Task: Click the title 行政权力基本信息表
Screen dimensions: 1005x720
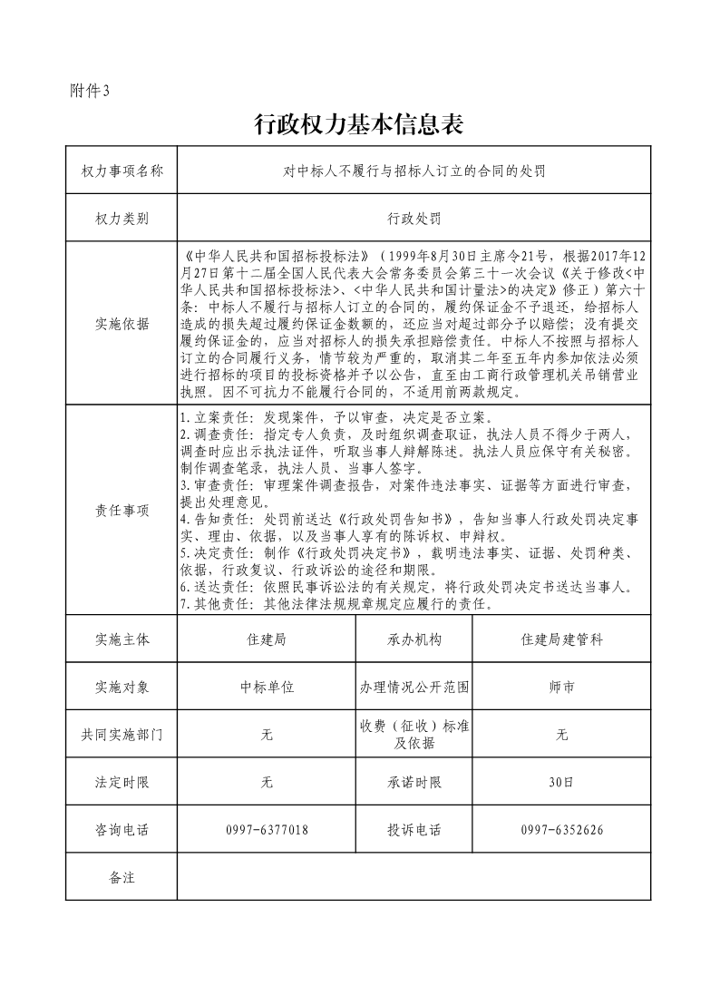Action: click(359, 125)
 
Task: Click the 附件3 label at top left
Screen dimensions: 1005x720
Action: click(89, 90)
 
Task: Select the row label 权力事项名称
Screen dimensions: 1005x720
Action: click(122, 170)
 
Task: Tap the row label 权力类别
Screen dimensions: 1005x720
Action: click(122, 219)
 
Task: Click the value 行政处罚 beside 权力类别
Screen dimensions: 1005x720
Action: click(414, 219)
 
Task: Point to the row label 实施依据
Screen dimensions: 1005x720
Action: click(122, 324)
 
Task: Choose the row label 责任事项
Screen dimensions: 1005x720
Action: click(122, 510)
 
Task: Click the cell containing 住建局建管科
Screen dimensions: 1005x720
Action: click(561, 639)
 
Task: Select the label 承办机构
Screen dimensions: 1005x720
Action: click(414, 639)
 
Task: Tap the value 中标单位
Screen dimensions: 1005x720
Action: click(267, 687)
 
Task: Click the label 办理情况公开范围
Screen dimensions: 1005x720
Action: click(414, 687)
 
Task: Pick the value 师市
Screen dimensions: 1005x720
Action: click(561, 687)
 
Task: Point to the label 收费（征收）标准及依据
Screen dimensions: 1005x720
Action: click(414, 735)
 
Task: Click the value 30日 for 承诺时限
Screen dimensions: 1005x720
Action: click(561, 782)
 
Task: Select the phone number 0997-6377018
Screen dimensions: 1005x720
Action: click(267, 830)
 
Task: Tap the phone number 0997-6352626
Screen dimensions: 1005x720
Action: click(561, 830)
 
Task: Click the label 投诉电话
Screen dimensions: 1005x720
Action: click(414, 830)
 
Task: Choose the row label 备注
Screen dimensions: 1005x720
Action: click(122, 877)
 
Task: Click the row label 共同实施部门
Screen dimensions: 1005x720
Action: click(122, 735)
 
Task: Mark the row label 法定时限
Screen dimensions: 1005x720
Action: click(122, 782)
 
